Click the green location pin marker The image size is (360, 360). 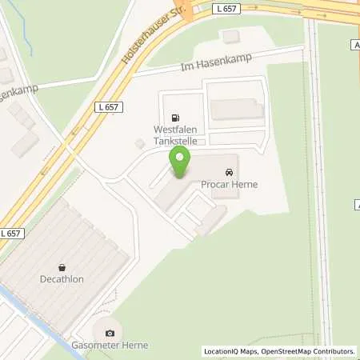coord(179,162)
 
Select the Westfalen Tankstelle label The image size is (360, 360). coord(174,134)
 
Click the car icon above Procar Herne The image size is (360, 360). coord(230,172)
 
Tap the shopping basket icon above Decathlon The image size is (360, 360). coord(62,267)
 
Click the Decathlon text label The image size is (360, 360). coord(62,280)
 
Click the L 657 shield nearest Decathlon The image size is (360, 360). coord(10,233)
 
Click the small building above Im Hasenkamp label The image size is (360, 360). coord(231,36)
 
